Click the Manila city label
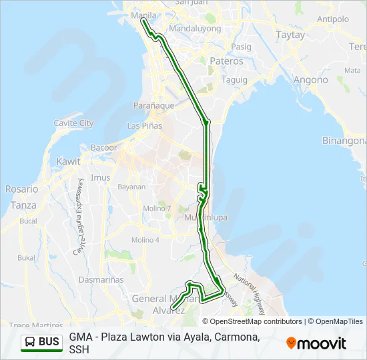[x=145, y=15]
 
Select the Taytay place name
[x=290, y=35]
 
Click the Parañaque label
[x=153, y=105]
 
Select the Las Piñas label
[x=144, y=125]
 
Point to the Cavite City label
[x=73, y=123]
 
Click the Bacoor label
[x=103, y=147]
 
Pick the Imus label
[x=100, y=177]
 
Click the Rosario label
[x=22, y=189]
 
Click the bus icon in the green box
[x=31, y=343]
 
